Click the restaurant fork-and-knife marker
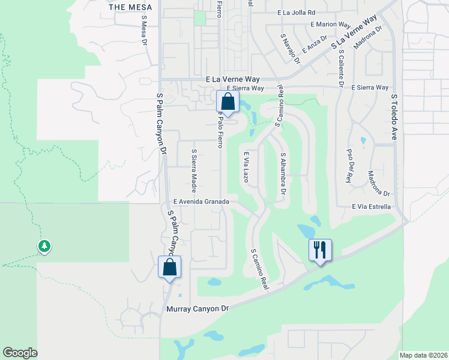pos(320,248)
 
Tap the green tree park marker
pos(44,246)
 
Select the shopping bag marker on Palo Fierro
pos(227,100)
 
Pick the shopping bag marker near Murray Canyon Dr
pos(169,266)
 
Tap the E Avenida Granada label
pos(201,202)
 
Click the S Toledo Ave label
pos(395,116)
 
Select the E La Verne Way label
pos(235,79)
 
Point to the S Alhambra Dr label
pos(282,173)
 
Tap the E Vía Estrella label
pos(372,206)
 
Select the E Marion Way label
pos(330,25)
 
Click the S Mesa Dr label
pos(144,31)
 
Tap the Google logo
pos(20,352)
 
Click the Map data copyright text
pos(423,355)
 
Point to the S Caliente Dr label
pos(340,68)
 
